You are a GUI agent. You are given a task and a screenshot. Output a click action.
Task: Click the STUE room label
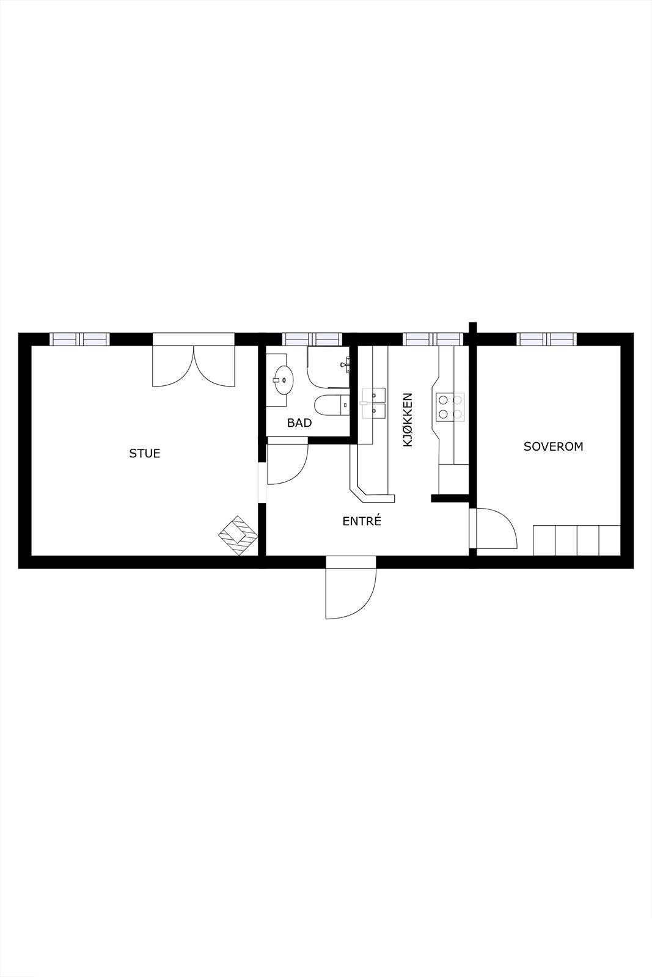(x=145, y=453)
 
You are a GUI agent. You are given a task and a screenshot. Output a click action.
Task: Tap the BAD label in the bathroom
(x=299, y=423)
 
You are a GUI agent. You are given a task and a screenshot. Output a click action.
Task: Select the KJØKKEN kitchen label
(x=408, y=420)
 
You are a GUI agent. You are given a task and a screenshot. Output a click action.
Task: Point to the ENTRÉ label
(x=362, y=521)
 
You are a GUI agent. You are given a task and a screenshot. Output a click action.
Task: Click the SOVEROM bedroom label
(x=554, y=446)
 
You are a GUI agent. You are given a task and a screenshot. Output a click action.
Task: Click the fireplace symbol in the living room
(x=238, y=535)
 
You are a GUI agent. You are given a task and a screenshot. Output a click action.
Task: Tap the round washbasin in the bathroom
(x=282, y=380)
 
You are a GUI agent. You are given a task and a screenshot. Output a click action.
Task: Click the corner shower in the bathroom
(x=329, y=368)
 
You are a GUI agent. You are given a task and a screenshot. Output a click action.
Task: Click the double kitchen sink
(x=373, y=403)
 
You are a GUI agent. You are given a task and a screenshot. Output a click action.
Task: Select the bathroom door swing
(x=286, y=463)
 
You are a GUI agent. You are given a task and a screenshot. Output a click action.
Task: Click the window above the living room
(x=79, y=339)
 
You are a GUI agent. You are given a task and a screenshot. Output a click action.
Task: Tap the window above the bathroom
(x=311, y=339)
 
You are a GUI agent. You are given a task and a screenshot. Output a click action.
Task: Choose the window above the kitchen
(x=433, y=339)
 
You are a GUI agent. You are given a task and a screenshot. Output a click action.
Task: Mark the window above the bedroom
(x=547, y=339)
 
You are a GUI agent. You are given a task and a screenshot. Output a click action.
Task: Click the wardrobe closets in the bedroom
(x=577, y=540)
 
